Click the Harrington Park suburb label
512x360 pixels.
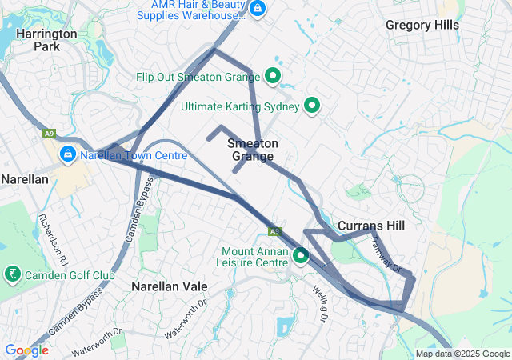(46, 40)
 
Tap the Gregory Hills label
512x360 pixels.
(422, 25)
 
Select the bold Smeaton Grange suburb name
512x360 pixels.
(253, 150)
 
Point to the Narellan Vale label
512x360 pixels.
(169, 286)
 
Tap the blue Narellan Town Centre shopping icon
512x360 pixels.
(68, 154)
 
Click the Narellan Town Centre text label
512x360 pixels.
(134, 155)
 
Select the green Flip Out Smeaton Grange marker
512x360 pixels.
(272, 77)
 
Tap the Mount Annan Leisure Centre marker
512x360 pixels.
(301, 256)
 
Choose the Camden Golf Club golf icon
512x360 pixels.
(13, 275)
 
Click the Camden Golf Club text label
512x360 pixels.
(70, 276)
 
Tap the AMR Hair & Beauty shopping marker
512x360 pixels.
(257, 9)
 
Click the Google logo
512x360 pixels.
(26, 350)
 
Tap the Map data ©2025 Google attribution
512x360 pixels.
(463, 354)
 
